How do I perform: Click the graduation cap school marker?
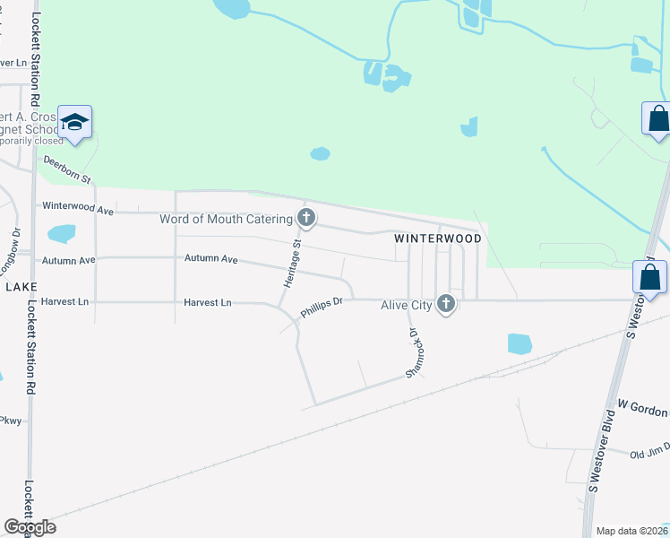point(75,123)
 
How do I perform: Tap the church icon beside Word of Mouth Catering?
point(306,218)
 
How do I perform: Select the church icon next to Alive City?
point(445,305)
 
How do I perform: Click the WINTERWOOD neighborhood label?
point(439,239)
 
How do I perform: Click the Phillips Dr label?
point(322,308)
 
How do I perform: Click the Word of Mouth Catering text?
point(226,219)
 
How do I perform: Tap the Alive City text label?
point(407,305)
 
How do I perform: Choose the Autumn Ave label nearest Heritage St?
point(211,259)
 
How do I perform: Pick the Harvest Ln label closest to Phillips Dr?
point(208,303)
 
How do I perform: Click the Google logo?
point(30,527)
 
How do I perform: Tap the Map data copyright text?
point(632,531)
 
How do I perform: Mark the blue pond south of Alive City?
point(520,343)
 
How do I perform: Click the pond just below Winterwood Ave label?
point(61,234)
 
